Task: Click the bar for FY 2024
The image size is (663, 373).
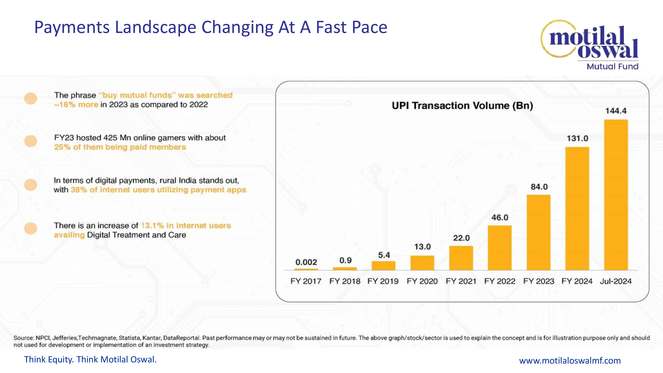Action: (x=577, y=209)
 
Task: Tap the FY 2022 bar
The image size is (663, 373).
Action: (x=500, y=248)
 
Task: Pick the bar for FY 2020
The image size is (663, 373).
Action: (x=422, y=263)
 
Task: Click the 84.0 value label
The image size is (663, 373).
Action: (x=539, y=187)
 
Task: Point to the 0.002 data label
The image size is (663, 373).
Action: (x=306, y=262)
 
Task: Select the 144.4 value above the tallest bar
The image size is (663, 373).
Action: (x=616, y=111)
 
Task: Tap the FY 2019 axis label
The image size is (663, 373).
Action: (x=383, y=281)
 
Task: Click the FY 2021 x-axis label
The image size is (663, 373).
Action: (x=461, y=281)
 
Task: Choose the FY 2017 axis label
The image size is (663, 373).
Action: (x=306, y=281)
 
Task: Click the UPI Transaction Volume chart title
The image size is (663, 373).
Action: (x=462, y=106)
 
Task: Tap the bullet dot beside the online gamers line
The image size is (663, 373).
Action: (x=31, y=141)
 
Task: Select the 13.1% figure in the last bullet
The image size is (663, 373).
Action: (x=152, y=225)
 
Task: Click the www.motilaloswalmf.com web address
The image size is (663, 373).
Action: (x=570, y=360)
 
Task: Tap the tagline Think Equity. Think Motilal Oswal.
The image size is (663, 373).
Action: (x=90, y=359)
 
